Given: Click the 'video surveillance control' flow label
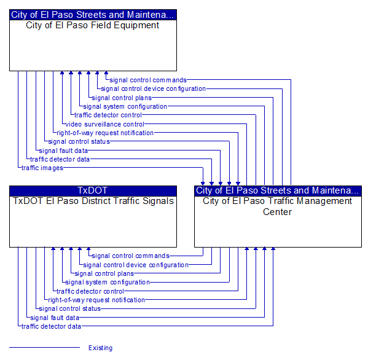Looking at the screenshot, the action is (104, 124).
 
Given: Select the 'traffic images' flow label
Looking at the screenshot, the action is (42, 168).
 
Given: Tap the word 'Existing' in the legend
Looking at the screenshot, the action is (101, 348).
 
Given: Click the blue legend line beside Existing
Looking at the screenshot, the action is (45, 347).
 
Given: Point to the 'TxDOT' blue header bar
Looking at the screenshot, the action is (93, 191).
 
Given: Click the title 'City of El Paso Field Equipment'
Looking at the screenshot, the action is (93, 25).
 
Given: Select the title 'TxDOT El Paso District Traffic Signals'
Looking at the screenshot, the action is (93, 201).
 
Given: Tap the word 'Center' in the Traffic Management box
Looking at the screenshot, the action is (278, 212).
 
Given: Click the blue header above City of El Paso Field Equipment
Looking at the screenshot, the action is (93, 15).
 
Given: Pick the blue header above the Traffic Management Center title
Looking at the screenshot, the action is (278, 191).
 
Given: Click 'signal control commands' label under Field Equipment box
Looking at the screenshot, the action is (148, 80).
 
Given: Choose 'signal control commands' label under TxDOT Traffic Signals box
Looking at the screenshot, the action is (130, 256).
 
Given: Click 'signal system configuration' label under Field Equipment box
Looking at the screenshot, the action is (125, 106).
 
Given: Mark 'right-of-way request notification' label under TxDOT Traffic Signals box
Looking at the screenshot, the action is (96, 300).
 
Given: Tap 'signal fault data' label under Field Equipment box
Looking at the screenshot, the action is (63, 151).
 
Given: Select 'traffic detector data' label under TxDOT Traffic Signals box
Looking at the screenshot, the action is (51, 326).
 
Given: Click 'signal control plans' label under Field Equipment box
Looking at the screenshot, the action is (122, 98).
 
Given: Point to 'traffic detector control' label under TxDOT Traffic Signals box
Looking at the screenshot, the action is (90, 291).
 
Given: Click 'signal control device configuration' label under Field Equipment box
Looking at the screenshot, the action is (153, 88).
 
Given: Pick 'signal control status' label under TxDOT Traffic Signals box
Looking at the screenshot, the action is (69, 308).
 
